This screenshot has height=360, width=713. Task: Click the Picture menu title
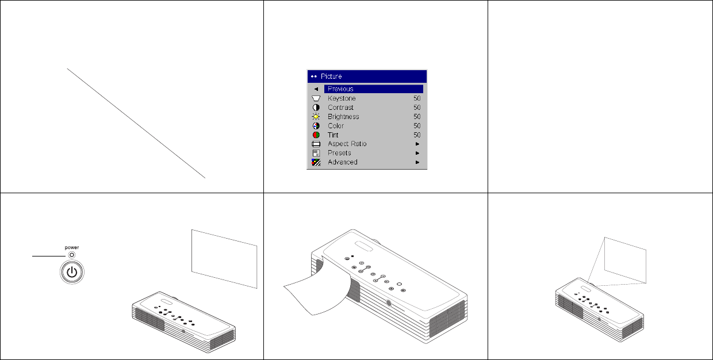331,76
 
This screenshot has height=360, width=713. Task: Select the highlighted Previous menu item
340,89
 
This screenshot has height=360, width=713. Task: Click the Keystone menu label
342,98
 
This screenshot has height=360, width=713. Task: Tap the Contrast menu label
340,108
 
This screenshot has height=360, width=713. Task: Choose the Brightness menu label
343,117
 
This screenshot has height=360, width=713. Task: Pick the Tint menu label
333,135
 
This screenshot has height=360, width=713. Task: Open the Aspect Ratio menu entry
347,144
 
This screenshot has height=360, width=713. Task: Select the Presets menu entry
339,153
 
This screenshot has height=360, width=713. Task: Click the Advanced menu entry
342,162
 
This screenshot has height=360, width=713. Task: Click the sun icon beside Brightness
316,117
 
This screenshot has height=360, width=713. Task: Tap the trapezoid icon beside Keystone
316,98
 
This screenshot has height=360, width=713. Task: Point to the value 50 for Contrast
416,108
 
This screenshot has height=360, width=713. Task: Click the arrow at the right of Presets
417,153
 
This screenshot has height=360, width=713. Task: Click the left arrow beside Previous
316,89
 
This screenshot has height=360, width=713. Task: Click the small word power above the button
71,247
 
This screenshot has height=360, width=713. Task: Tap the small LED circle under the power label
71,255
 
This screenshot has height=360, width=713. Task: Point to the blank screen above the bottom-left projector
224,258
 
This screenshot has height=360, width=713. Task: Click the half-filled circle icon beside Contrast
316,108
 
